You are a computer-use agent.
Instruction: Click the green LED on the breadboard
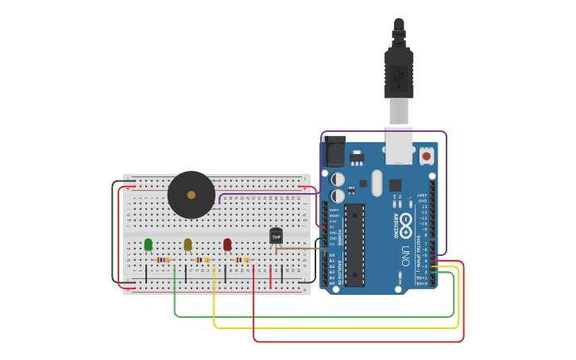pyautogui.click(x=148, y=244)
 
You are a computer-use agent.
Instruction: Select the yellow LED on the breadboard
pyautogui.click(x=187, y=244)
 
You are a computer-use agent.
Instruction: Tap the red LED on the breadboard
pyautogui.click(x=227, y=244)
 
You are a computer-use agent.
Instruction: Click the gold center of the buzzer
pyautogui.click(x=191, y=195)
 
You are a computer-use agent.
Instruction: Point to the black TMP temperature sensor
pyautogui.click(x=276, y=235)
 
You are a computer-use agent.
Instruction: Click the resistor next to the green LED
pyautogui.click(x=163, y=260)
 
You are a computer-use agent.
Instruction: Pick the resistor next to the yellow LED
pyautogui.click(x=203, y=260)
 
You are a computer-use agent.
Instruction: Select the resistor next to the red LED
pyautogui.click(x=242, y=260)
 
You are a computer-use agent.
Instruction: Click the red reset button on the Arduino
pyautogui.click(x=427, y=157)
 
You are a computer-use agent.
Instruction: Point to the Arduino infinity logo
pyautogui.click(x=405, y=221)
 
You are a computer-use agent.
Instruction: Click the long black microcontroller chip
pyautogui.click(x=354, y=245)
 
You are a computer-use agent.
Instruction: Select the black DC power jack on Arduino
pyautogui.click(x=334, y=151)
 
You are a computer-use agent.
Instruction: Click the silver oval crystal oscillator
pyautogui.click(x=377, y=183)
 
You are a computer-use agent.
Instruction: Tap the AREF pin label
pyautogui.click(x=422, y=195)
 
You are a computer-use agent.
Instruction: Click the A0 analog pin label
pyautogui.click(x=332, y=255)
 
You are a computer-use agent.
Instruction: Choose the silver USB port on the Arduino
pyautogui.click(x=399, y=146)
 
